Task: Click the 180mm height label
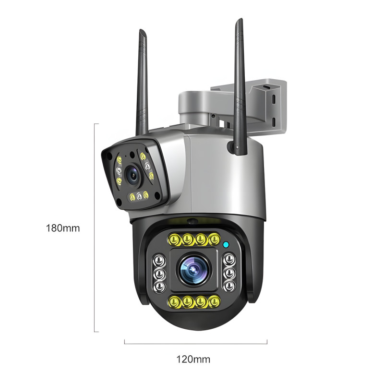click(63, 228)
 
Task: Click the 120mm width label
click(193, 360)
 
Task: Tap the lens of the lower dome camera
click(193, 270)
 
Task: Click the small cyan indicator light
click(226, 244)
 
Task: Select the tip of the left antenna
click(141, 30)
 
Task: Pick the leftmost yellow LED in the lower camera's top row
click(174, 239)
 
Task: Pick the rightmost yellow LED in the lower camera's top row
click(214, 239)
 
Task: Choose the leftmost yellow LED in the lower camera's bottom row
click(174, 301)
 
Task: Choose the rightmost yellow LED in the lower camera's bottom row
click(214, 301)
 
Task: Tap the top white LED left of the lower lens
click(159, 261)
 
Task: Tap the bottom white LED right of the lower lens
click(229, 286)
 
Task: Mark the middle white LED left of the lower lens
click(159, 274)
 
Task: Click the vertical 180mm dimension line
click(95, 228)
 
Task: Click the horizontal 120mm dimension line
click(196, 343)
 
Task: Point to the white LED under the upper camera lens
click(139, 196)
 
